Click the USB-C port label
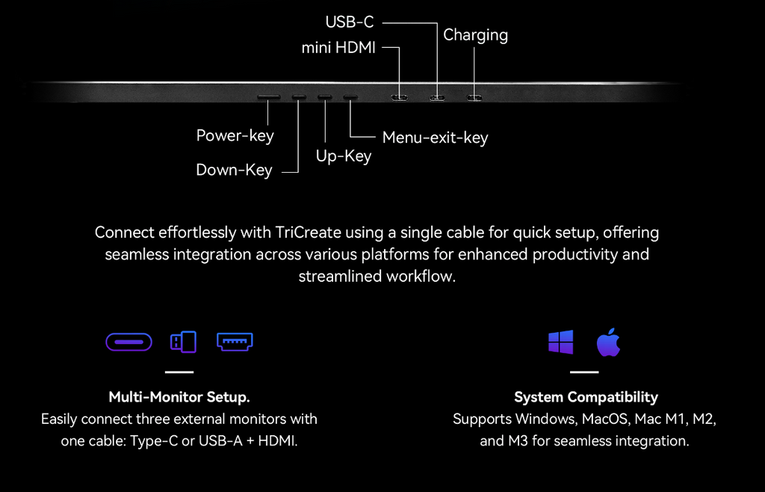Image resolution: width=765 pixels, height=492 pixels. pyautogui.click(x=349, y=22)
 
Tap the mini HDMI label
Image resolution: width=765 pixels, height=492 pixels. pyautogui.click(x=338, y=48)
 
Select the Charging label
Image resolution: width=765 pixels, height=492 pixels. pyautogui.click(x=475, y=35)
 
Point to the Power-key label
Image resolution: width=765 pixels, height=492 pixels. pyautogui.click(x=235, y=135)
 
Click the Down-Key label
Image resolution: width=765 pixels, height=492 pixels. pyautogui.click(x=234, y=170)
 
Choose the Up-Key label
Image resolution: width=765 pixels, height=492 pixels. pyautogui.click(x=344, y=156)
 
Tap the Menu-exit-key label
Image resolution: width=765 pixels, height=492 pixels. pyautogui.click(x=435, y=138)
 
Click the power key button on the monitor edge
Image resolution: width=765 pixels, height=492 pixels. pyautogui.click(x=268, y=97)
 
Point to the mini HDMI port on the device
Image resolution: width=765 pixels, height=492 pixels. pyautogui.click(x=400, y=97)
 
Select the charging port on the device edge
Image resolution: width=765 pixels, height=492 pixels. pyautogui.click(x=474, y=97)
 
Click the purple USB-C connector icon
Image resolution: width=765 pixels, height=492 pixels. pyautogui.click(x=128, y=342)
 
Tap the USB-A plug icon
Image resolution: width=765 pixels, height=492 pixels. pyautogui.click(x=183, y=342)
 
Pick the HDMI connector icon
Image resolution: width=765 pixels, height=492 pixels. pyautogui.click(x=235, y=342)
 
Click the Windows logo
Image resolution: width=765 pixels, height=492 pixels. pyautogui.click(x=560, y=342)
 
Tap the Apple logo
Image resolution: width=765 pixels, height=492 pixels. pyautogui.click(x=608, y=342)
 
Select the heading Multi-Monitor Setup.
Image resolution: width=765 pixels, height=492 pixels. pyautogui.click(x=179, y=396)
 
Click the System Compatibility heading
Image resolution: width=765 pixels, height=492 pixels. pyautogui.click(x=586, y=397)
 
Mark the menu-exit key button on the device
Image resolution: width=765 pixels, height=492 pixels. pyautogui.click(x=350, y=97)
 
